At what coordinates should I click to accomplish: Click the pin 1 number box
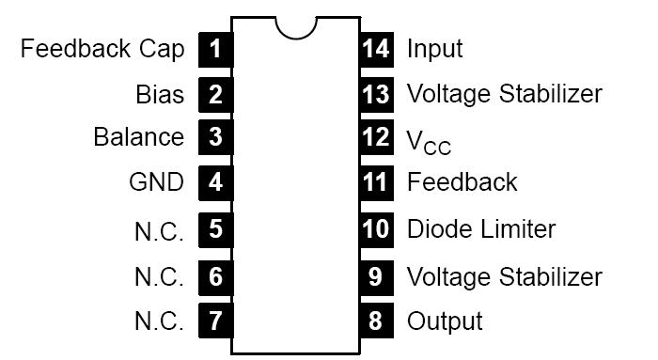pos(215,48)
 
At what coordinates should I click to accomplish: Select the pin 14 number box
pos(376,48)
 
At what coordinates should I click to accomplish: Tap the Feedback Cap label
pos(102,48)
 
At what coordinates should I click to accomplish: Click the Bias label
pos(160,94)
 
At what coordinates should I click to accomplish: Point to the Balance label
pos(139,137)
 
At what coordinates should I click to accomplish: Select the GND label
pos(156,182)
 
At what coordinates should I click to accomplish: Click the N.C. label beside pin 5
pos(159,229)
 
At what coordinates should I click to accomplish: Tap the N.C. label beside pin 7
pos(159,321)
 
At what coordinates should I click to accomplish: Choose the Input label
pos(434,48)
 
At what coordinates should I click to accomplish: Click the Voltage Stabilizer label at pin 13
pos(504,94)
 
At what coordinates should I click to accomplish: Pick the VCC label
pos(429,141)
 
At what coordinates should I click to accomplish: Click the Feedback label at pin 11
pos(462,181)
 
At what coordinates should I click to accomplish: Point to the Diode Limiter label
pos(480,228)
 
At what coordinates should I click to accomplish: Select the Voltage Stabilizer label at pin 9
pos(504,276)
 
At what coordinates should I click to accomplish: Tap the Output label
pos(445,321)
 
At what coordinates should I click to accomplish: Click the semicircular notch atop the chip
pos(296,25)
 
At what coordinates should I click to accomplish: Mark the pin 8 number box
pos(376,321)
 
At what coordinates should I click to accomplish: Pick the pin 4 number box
pos(215,182)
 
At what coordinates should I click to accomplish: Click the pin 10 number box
pos(376,228)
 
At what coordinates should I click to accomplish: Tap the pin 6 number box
pos(215,276)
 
